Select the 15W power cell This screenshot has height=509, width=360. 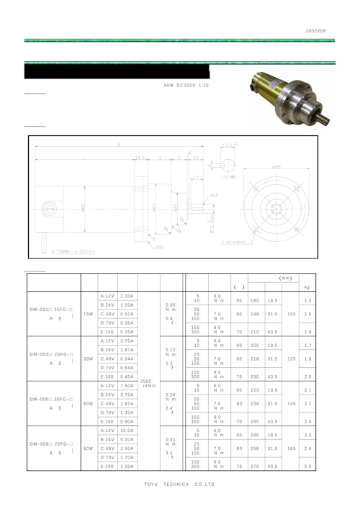tap(88, 314)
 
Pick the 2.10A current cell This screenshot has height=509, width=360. tap(127, 296)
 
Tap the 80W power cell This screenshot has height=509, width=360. tap(88, 448)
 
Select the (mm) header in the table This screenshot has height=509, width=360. tap(284, 277)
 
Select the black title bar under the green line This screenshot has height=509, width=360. tap(116, 72)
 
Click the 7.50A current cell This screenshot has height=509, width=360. tap(127, 385)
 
